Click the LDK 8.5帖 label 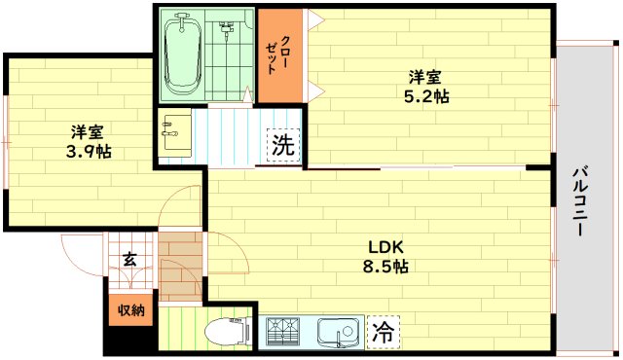[386, 255]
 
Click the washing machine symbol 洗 [283, 147]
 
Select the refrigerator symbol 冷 [383, 332]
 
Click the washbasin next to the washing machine [175, 134]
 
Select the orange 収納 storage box [131, 310]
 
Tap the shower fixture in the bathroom [224, 29]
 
